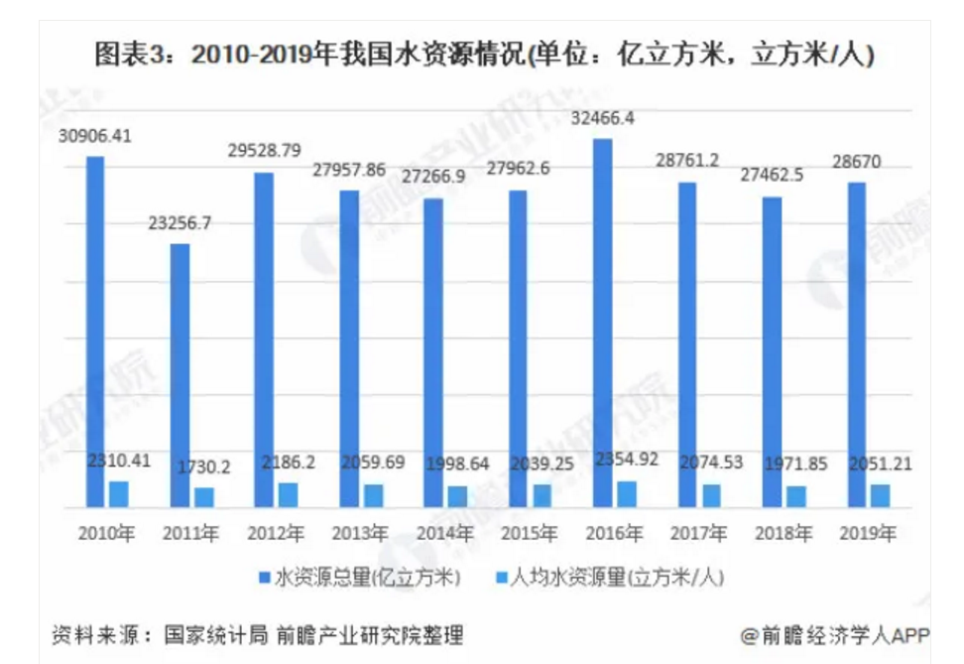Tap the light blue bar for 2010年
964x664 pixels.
tap(119, 493)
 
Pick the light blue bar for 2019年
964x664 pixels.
tap(880, 495)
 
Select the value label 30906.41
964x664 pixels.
tap(94, 137)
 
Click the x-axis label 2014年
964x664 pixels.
tap(446, 534)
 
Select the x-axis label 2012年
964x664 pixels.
tap(277, 534)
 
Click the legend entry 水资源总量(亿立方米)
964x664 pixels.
tap(357, 577)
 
